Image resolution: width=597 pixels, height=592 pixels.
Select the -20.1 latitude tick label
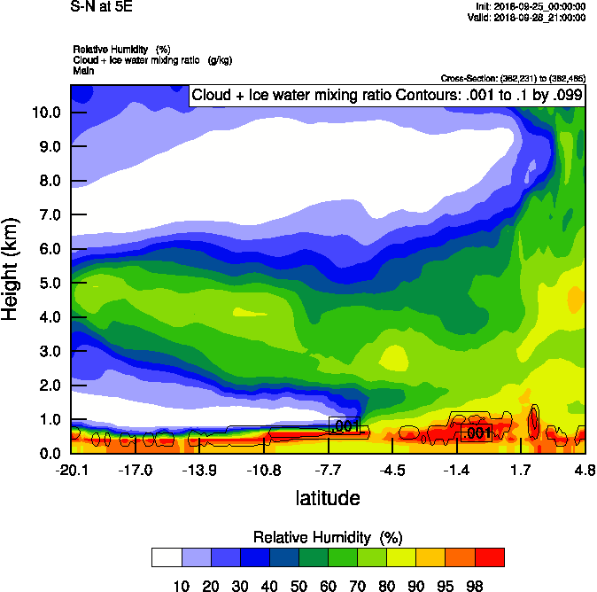coord(71,470)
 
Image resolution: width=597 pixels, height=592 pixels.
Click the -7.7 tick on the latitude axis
coord(329,470)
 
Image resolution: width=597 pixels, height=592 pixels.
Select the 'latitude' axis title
coord(328,498)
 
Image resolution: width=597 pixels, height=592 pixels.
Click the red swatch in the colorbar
coord(490,557)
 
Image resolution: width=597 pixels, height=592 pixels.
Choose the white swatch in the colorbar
coord(167,557)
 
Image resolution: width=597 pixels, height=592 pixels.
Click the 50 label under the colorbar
coord(298,585)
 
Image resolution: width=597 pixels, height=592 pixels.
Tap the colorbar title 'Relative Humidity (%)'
coord(328,538)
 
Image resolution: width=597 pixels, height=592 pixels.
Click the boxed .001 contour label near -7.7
coord(344,426)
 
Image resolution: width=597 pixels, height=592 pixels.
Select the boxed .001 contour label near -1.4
coord(477,432)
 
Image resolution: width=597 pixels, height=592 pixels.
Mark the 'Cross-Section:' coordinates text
coord(512,79)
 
